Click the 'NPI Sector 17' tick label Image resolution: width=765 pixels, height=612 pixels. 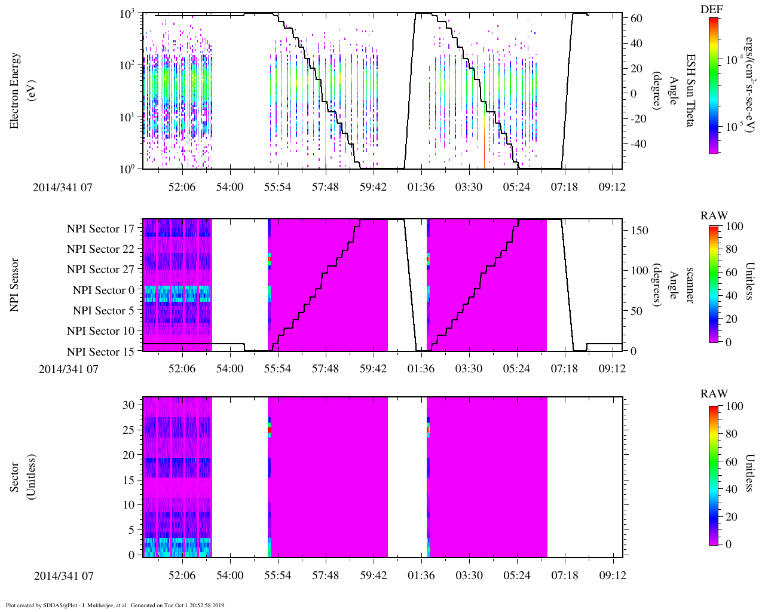(x=100, y=229)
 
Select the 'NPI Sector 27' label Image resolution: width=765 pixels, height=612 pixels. (x=100, y=270)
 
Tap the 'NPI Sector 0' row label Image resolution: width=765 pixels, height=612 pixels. (x=103, y=290)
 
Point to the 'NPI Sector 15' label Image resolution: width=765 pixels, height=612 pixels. (x=100, y=352)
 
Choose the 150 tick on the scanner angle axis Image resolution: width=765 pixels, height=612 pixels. (x=639, y=231)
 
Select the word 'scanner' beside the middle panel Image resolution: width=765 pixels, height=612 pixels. (x=689, y=284)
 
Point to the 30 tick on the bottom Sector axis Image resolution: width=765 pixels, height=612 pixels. (x=129, y=405)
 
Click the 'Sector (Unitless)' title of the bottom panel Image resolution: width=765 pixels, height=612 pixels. (x=22, y=477)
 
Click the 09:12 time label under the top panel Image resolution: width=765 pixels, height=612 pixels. (x=612, y=187)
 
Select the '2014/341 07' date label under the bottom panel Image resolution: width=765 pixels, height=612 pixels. (x=64, y=576)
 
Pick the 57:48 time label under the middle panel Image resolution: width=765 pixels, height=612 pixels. (x=325, y=369)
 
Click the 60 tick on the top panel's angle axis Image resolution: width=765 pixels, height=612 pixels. (x=636, y=19)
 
